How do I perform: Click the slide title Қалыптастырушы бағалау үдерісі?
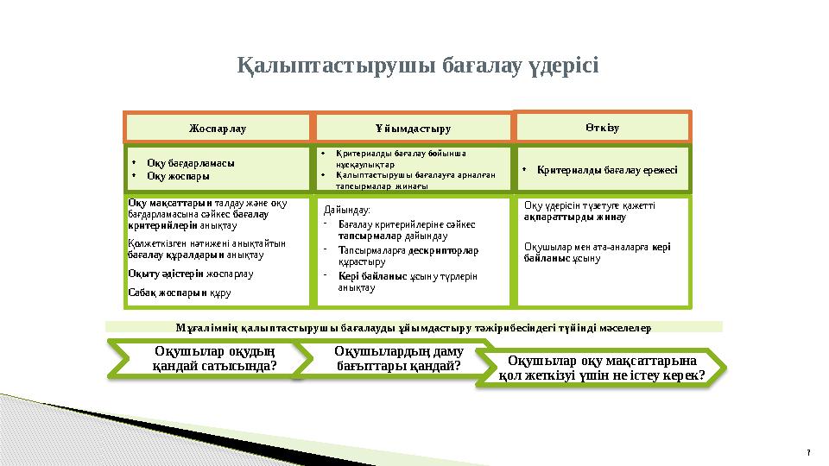[418, 66]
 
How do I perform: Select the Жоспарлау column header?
[218, 129]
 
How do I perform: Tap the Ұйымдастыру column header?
[412, 129]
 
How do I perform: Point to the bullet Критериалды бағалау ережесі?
[606, 169]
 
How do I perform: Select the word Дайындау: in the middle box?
[346, 210]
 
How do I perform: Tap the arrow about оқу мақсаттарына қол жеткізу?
[602, 368]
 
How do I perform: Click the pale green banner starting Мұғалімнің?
[413, 327]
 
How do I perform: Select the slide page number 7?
[807, 454]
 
